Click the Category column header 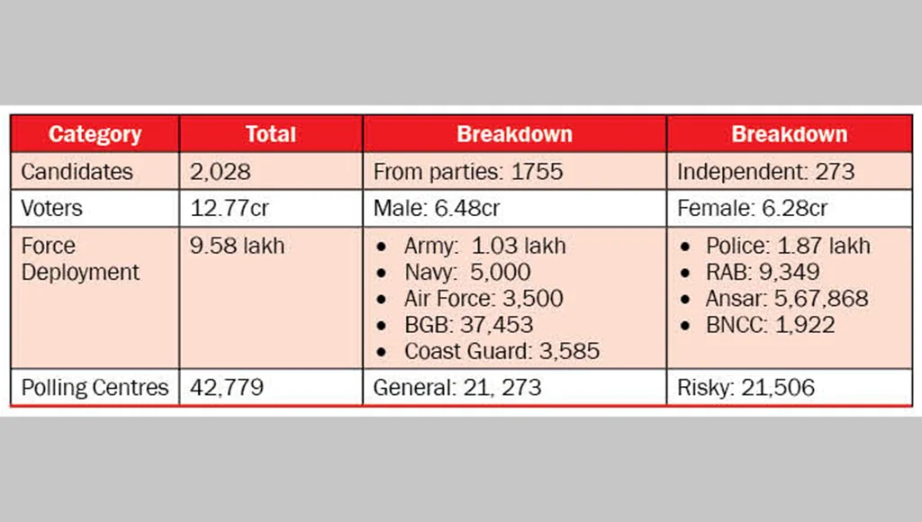point(95,134)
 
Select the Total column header point(270,134)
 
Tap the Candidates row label point(77,171)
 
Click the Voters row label point(51,209)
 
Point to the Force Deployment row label point(80,259)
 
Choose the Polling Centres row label point(95,388)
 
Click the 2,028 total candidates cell point(220,171)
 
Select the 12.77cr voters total point(230,209)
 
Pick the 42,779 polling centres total point(227,388)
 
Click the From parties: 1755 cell point(467,171)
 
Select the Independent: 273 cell point(764,171)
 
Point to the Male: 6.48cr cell point(436,209)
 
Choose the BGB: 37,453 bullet point(468,324)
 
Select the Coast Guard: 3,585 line point(502,350)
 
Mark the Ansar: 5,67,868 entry point(787,299)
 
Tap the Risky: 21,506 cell point(746,388)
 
